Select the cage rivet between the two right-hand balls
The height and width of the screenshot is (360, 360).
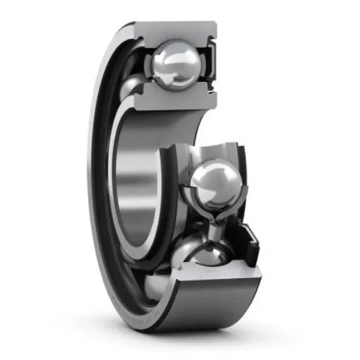coord(212,228)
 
